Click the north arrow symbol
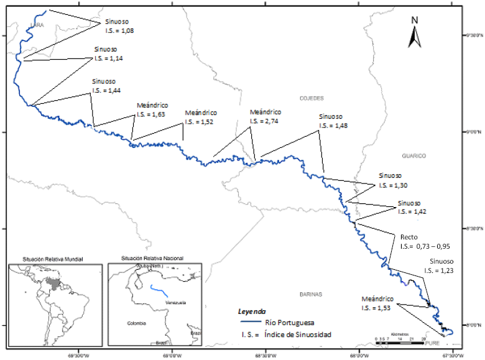pos(414,32)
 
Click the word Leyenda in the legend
pos(252,311)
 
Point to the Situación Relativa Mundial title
pos(52,258)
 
